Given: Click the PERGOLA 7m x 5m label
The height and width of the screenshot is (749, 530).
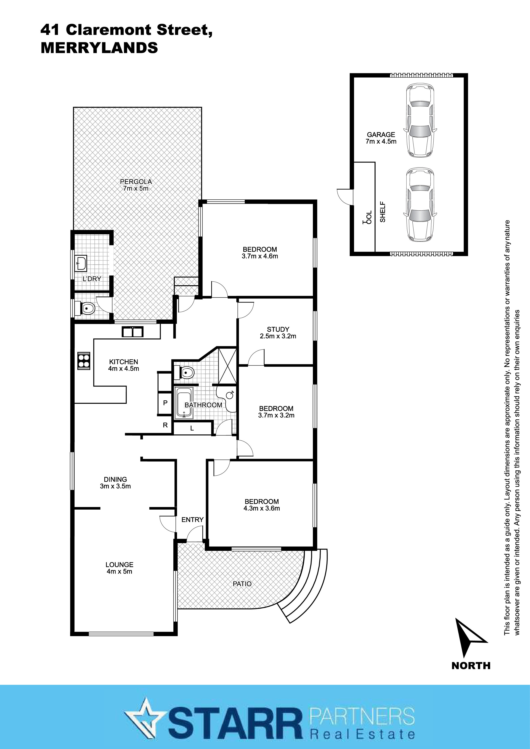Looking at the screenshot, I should coord(136,185).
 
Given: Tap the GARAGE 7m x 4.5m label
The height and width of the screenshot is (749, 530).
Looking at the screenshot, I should coord(381,138).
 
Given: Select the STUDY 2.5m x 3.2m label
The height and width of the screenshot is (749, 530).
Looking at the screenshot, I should coord(278,332).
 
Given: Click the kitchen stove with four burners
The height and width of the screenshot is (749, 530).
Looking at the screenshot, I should coord(84,361).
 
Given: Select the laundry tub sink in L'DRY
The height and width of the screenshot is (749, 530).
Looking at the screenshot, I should coord(81,263).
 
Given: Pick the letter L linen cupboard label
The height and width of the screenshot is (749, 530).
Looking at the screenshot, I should coord(192,428).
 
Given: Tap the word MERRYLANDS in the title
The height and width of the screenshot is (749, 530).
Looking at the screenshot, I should coord(99,48).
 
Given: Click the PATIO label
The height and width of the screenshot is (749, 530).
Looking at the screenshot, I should coord(242,584).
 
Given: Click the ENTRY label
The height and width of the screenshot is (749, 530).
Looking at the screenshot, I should coord(192,519).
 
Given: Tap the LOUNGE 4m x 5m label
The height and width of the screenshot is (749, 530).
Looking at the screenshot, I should coord(119,568).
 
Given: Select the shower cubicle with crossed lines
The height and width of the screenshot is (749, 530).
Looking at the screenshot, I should coord(227,366).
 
